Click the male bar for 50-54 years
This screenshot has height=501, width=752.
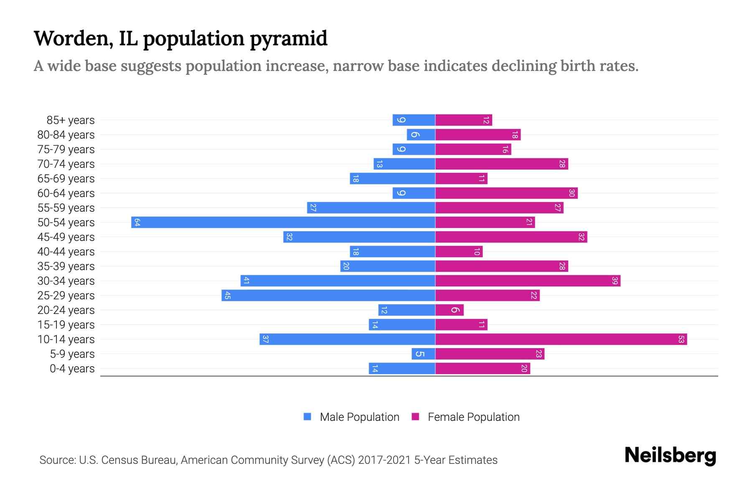[x=283, y=222]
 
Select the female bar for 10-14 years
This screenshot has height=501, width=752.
[x=561, y=339]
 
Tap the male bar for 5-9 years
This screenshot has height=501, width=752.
[x=423, y=354]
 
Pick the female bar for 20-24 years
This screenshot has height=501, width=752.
[x=450, y=310]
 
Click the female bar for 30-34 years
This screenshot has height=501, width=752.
[x=528, y=281]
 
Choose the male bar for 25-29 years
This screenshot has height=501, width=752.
[x=328, y=295]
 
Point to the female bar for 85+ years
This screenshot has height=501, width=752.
[x=464, y=120]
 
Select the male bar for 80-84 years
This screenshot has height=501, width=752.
[x=421, y=134]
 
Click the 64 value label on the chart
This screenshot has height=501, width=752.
[x=137, y=222]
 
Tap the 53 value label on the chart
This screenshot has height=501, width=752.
[x=681, y=339]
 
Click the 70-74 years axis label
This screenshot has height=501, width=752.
[x=66, y=164]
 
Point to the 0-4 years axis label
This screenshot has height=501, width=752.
[x=72, y=369]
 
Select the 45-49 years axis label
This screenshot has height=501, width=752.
[x=66, y=237]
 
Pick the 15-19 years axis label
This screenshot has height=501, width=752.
[x=66, y=325]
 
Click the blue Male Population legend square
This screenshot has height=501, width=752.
[x=307, y=417]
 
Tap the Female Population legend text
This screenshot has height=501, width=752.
[x=473, y=417]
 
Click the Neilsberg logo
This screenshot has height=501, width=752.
[x=670, y=455]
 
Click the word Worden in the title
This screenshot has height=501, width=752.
[x=71, y=38]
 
